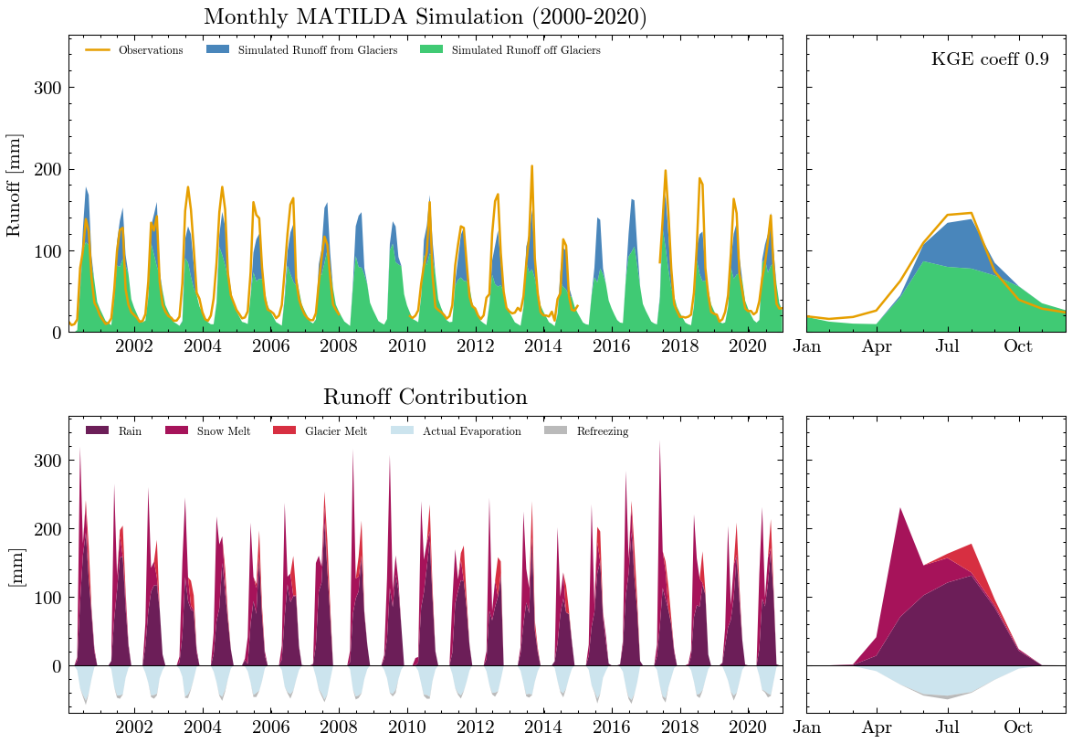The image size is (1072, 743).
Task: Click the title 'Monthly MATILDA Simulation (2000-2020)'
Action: pos(425,17)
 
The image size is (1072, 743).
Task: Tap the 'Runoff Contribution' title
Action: pos(425,398)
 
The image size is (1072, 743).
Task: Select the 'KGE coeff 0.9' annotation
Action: pos(990,59)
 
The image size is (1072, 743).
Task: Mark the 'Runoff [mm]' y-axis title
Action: pos(14,185)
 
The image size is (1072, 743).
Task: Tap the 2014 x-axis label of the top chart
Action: pos(543,346)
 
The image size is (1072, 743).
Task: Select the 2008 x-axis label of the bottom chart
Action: pos(339,727)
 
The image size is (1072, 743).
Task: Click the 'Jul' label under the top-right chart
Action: pos(948,346)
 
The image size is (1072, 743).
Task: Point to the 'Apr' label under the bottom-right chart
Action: pos(878,727)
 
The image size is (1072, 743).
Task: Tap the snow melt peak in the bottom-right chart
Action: pos(900,509)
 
